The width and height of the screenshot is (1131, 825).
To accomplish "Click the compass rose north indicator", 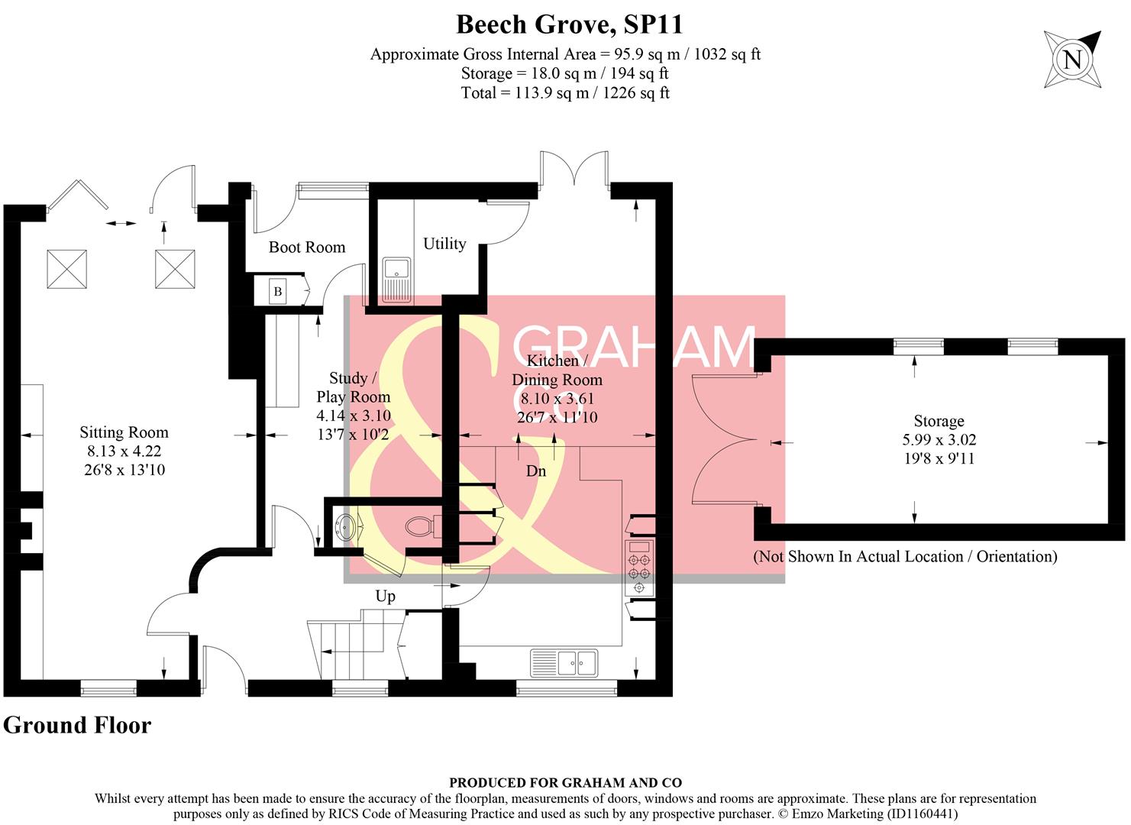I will coord(1073,59).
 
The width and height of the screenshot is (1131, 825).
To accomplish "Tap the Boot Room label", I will coord(307,247).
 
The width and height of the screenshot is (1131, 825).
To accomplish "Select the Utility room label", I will coord(444,244).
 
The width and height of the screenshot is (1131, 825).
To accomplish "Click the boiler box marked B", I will coord(278,291).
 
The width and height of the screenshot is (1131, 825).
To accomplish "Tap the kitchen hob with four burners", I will coord(638,568).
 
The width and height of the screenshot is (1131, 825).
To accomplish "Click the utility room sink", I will coord(397,280).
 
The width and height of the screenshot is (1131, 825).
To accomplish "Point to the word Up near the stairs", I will coord(385,596).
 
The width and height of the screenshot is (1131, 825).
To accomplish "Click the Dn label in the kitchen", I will coord(536,471).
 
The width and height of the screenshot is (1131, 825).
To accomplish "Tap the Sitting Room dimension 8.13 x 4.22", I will coord(124,451).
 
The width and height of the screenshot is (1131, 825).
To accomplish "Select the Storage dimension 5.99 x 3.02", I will coord(939,440).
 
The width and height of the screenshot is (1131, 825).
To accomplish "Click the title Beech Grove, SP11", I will coord(569,24).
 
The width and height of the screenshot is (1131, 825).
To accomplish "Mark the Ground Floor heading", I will coord(77,725).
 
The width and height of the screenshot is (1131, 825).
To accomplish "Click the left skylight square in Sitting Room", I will coord(67,269).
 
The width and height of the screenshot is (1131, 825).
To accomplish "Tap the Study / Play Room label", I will coord(353,387).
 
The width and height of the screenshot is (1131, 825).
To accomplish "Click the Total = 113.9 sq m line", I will coord(565,93).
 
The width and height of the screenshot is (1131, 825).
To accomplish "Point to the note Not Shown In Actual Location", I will coord(905,556).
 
